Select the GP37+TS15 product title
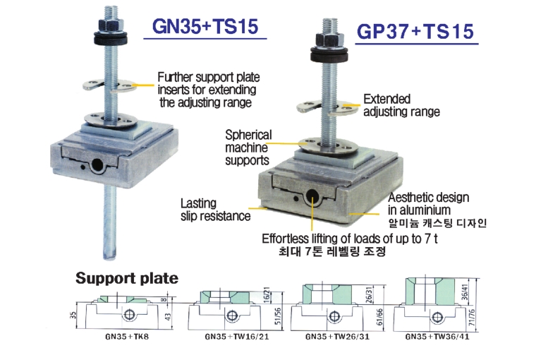414,32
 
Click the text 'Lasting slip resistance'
215,209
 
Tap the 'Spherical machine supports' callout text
247,147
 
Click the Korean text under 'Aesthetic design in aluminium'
438,222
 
